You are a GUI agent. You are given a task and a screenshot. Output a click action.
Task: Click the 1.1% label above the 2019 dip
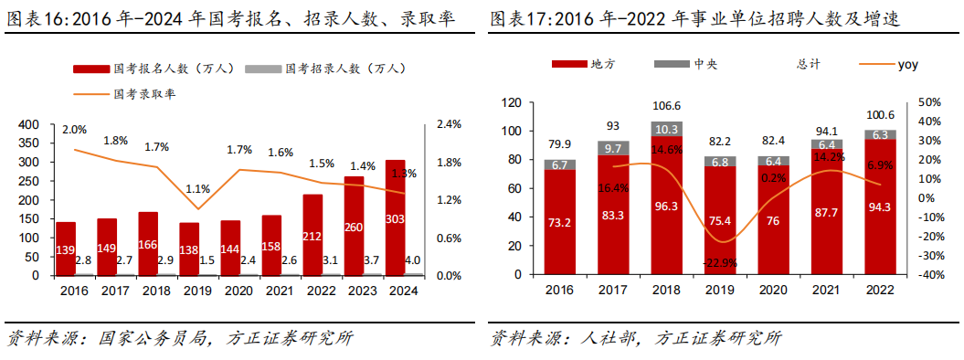[197, 189]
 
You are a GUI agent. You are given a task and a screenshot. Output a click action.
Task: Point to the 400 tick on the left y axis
[29, 124]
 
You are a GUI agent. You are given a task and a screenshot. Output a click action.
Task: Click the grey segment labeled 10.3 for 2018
[667, 129]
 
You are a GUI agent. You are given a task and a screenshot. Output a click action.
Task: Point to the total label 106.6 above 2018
[667, 106]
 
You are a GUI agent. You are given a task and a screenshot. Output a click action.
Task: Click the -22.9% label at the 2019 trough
[721, 263]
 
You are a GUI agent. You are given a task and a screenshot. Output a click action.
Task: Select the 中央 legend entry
[687, 64]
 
